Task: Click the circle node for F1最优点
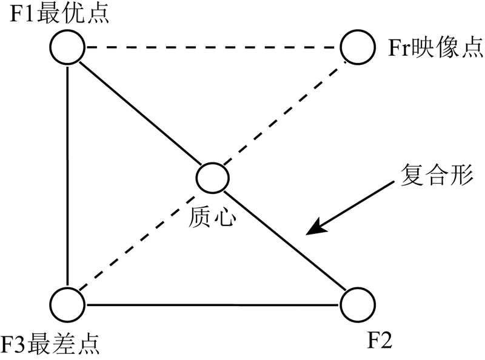pyautogui.click(x=67, y=47)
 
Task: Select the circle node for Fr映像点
pyautogui.click(x=357, y=47)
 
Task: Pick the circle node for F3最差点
pyautogui.click(x=67, y=302)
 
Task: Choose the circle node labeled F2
pyautogui.click(x=357, y=303)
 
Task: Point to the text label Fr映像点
pyautogui.click(x=434, y=47)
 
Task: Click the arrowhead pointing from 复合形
pyautogui.click(x=312, y=231)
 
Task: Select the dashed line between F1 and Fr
pyautogui.click(x=212, y=47)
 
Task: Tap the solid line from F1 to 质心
pyautogui.click(x=139, y=112)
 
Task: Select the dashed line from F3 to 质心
pyautogui.click(x=139, y=239)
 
